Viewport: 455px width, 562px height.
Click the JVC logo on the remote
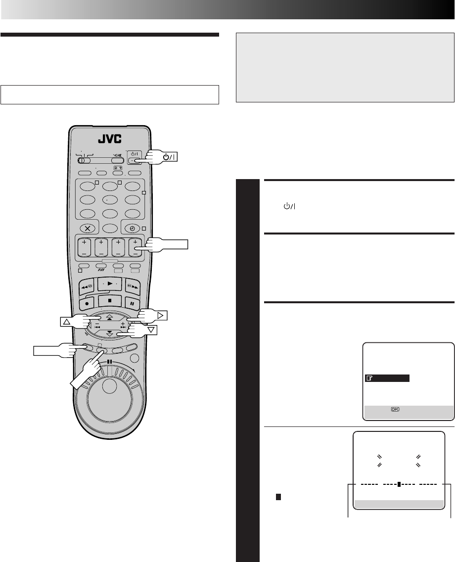[x=110, y=139]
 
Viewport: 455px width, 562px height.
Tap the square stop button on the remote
[x=110, y=300]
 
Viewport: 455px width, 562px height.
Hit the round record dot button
[x=87, y=303]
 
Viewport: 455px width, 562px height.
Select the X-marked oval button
[x=88, y=229]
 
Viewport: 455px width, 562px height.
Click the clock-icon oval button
[x=132, y=229]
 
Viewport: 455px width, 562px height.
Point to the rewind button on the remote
[x=87, y=286]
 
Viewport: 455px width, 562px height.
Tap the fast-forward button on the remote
[x=132, y=286]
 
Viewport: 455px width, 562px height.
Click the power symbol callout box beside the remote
[x=169, y=157]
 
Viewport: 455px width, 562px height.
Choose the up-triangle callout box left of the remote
[x=67, y=322]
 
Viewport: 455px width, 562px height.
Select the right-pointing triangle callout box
[x=161, y=316]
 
